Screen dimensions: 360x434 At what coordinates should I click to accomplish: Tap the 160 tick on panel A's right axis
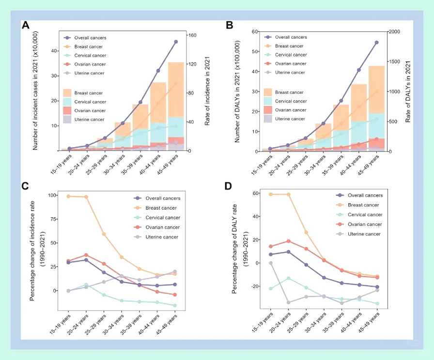coord(192,35)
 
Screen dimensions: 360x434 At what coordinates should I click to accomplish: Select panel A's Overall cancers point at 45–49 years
coord(176,42)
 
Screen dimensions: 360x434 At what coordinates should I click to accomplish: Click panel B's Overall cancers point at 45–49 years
coord(376,43)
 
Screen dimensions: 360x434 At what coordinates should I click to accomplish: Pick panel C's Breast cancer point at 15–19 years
coord(69,196)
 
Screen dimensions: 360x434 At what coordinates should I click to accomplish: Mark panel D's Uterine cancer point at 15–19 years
coord(270,263)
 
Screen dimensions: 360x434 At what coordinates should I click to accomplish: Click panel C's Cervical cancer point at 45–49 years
coord(175,305)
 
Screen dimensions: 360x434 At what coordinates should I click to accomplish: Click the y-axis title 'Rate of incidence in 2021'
coord(207,92)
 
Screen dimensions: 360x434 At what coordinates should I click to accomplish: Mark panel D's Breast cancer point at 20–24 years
coord(288,195)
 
